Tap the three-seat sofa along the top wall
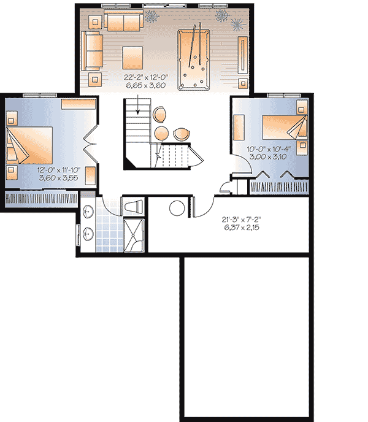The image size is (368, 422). pyautogui.click(x=124, y=21)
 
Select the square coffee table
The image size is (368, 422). pyautogui.click(x=133, y=57)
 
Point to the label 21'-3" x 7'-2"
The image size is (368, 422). pyautogui.click(x=245, y=220)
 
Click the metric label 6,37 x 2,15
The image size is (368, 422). pyautogui.click(x=245, y=228)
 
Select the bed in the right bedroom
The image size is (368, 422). pyautogui.click(x=285, y=128)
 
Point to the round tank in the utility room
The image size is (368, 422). pyautogui.click(x=177, y=208)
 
